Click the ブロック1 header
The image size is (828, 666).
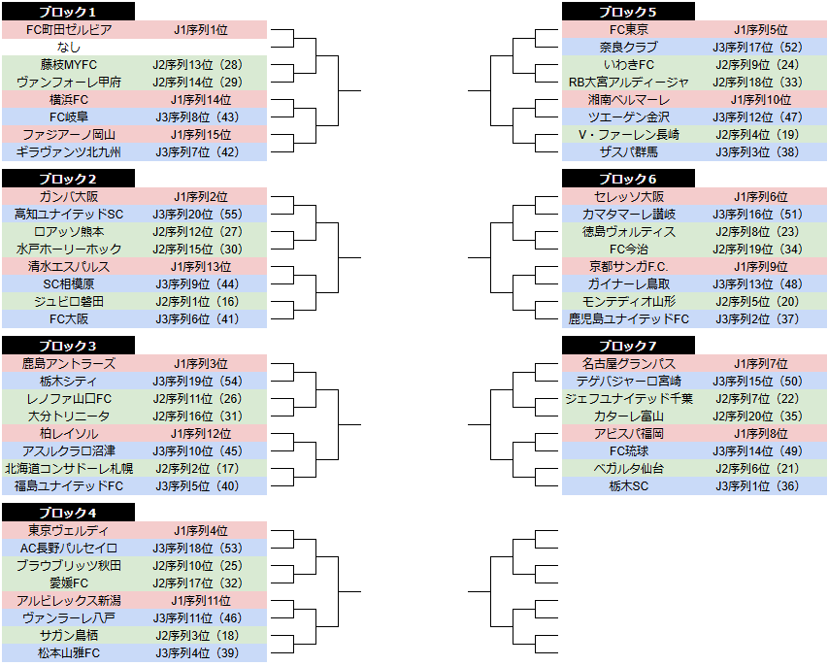[x=68, y=11]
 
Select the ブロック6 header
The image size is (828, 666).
[x=628, y=178]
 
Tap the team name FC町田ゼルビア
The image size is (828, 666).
[x=69, y=29]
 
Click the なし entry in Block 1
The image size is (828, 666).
[x=69, y=47]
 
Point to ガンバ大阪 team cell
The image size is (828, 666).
[x=69, y=196]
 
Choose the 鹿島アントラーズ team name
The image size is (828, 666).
[x=69, y=363]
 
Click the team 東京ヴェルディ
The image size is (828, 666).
[x=69, y=530]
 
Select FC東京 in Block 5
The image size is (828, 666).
[x=628, y=29]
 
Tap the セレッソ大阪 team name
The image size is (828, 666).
[x=628, y=196]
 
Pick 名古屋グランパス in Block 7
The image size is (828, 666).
[x=628, y=363]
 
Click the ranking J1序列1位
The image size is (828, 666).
[x=201, y=29]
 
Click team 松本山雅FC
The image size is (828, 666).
[x=69, y=652]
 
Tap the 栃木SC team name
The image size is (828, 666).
[x=628, y=485]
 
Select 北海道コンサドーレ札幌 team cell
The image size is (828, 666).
[x=69, y=469]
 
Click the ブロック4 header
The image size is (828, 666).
[x=68, y=512]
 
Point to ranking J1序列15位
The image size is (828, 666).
[x=201, y=134]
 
